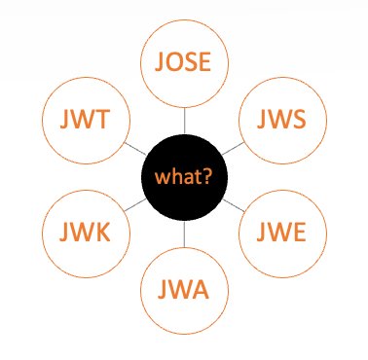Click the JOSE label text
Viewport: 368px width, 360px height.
coord(184,62)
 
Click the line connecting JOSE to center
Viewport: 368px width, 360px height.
coord(184,121)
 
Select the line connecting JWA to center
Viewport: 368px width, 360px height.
coord(184,234)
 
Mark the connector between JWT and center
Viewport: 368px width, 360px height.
coord(134,148)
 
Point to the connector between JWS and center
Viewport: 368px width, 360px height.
coord(234,148)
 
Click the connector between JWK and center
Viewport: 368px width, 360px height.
coord(135,205)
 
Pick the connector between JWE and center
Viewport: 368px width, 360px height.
coord(234,205)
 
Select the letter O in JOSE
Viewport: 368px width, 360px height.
coord(174,62)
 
